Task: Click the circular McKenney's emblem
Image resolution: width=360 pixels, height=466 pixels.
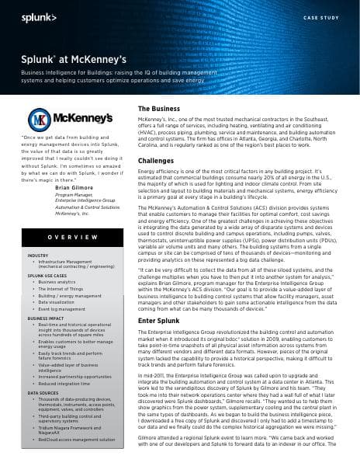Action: click(x=40, y=120)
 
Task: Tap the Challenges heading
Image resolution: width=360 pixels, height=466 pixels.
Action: click(x=155, y=159)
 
